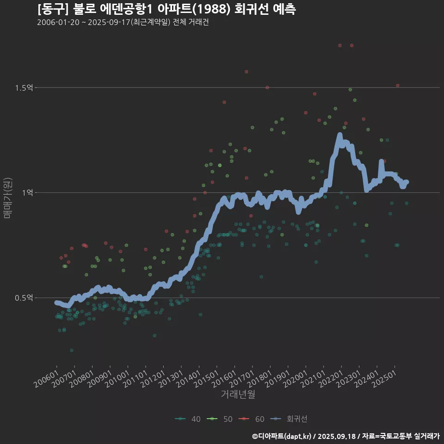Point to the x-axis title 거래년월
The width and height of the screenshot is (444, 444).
coord(238,394)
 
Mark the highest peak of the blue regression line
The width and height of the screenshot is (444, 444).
coord(339,135)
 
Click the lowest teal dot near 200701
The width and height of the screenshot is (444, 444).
coord(71,351)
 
